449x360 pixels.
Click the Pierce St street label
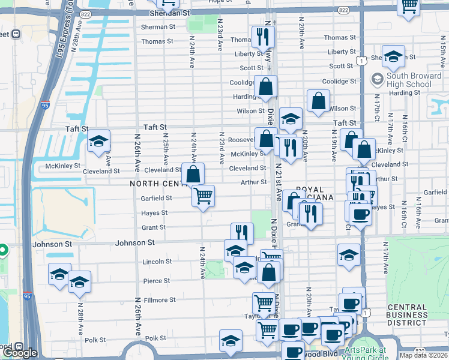156,281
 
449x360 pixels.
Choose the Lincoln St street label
157,262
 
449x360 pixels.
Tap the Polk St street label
155,338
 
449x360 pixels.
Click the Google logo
19,353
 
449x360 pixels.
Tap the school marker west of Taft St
98,142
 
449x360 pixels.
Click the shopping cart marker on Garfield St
203,196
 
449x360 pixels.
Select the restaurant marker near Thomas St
262,37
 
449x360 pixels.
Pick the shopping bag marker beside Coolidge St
265,87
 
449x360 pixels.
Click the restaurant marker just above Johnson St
242,233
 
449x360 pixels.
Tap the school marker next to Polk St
231,341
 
